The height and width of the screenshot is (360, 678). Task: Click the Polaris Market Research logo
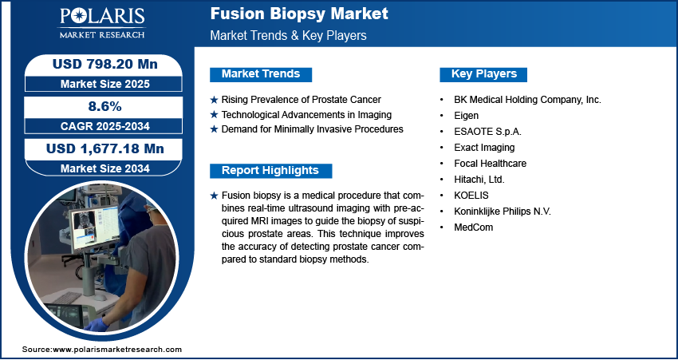[102, 22]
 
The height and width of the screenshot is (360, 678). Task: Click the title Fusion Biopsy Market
[299, 14]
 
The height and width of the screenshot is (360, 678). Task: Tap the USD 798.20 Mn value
[104, 64]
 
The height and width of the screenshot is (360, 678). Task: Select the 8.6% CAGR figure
[104, 106]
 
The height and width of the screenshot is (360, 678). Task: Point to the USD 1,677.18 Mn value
[104, 148]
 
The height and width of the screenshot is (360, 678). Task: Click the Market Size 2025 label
[104, 84]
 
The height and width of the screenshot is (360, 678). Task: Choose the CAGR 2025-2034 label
[104, 126]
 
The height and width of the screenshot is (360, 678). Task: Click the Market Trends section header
[261, 74]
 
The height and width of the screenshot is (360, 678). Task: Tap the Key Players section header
[484, 74]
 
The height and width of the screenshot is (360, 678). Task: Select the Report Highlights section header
[270, 171]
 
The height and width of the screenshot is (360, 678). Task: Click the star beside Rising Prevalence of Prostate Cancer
[214, 100]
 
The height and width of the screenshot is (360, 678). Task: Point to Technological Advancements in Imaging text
[306, 115]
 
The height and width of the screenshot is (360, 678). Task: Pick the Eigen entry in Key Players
[466, 116]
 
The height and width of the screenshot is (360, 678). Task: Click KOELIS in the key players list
[471, 195]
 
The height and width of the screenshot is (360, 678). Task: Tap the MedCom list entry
[474, 227]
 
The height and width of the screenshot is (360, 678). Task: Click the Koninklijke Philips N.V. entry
[503, 212]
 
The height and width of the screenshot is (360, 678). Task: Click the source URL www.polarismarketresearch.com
[117, 350]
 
